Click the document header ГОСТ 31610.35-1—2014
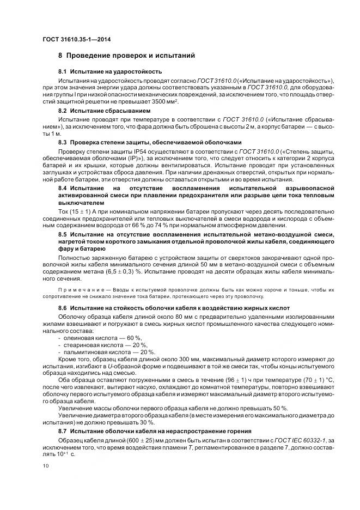coord(74,39)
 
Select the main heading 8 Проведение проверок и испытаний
coord(126,56)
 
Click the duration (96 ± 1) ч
coord(240,380)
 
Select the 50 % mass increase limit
coord(280,408)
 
